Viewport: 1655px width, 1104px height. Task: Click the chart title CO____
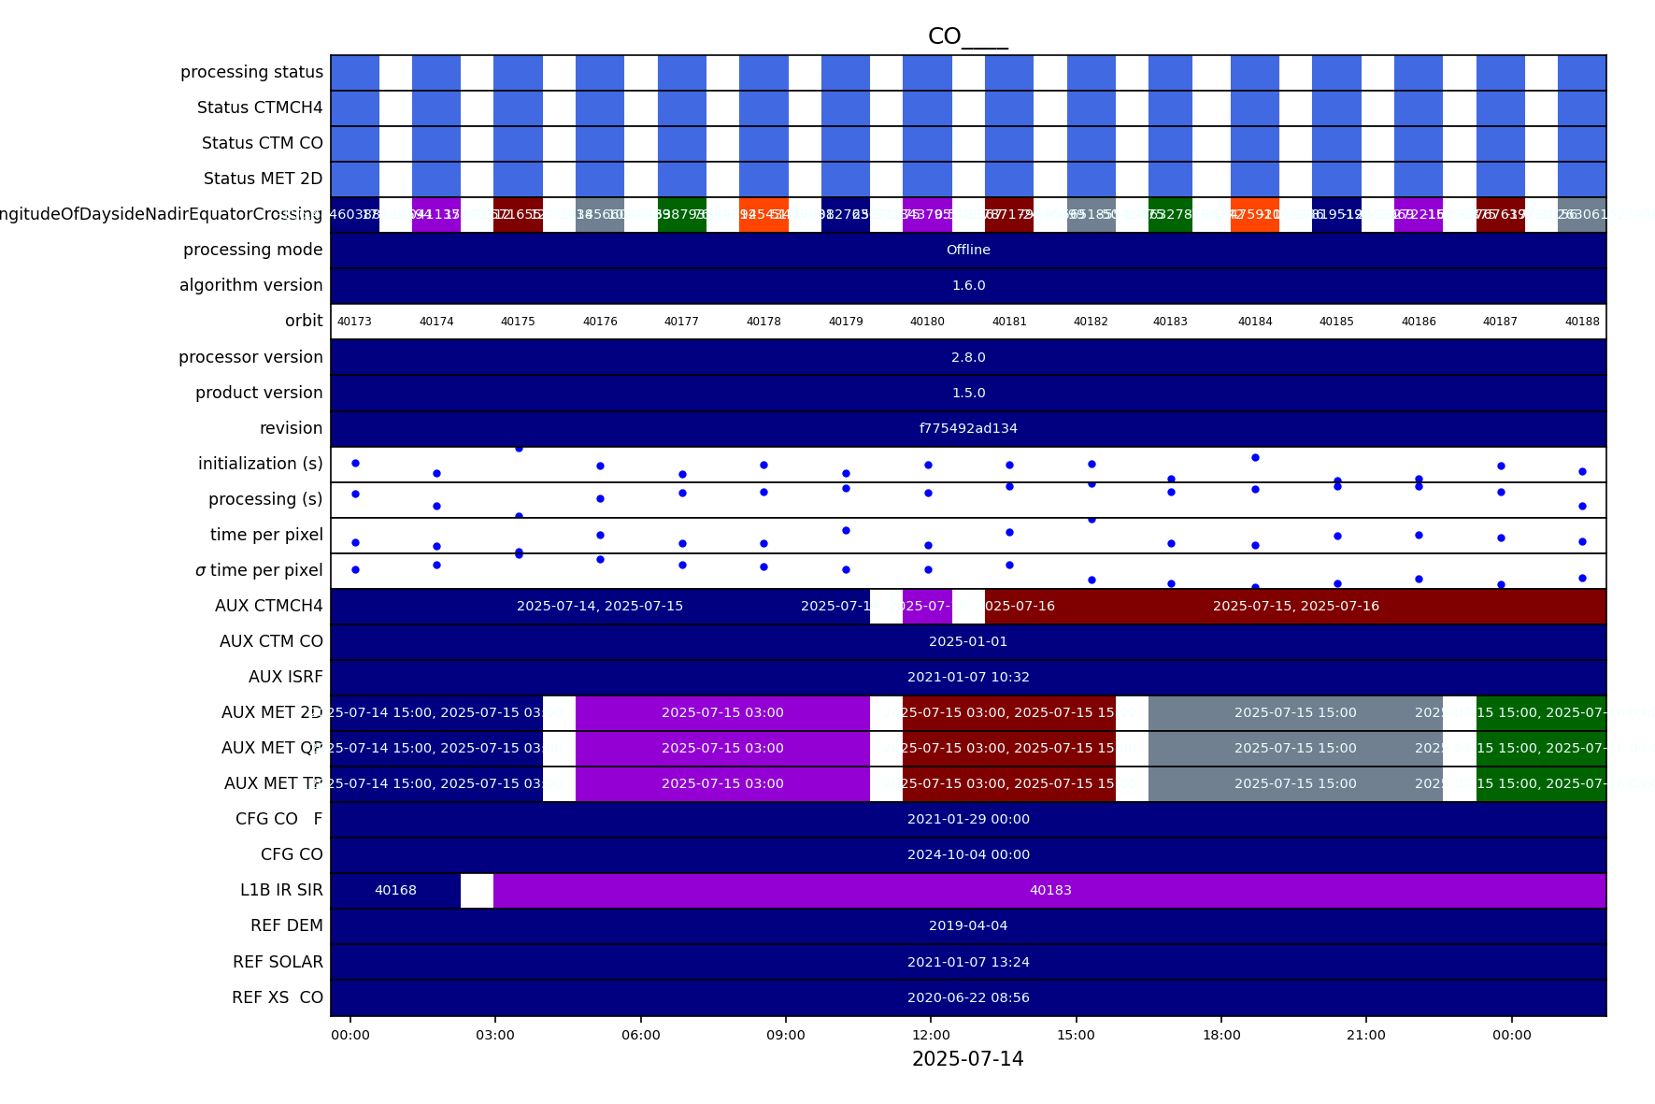(967, 36)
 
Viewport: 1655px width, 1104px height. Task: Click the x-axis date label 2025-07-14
(967, 1059)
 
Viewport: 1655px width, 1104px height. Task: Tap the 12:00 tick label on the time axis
(931, 1035)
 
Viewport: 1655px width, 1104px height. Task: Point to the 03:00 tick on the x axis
(495, 1035)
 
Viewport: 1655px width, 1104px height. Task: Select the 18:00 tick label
(1221, 1035)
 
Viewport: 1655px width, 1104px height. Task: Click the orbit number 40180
(927, 322)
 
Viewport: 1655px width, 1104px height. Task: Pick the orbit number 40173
(354, 322)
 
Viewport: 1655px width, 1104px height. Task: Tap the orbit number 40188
(1582, 322)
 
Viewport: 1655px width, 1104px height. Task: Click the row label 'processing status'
(251, 72)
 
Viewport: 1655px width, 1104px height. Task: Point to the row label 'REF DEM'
(286, 925)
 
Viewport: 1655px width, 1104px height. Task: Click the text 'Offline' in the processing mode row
(968, 250)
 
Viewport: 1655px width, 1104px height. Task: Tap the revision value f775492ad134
(968, 428)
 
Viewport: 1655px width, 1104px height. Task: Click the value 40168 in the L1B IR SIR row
(395, 890)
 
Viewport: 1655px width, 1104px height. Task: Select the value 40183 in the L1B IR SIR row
(1050, 890)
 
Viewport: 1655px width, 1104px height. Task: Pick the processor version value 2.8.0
(968, 357)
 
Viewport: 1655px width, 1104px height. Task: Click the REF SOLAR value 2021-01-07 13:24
(968, 962)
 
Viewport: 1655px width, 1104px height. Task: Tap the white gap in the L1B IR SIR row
(477, 890)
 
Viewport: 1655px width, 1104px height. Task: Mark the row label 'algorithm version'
(250, 285)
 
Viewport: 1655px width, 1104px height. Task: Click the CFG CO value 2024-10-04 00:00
(968, 854)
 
